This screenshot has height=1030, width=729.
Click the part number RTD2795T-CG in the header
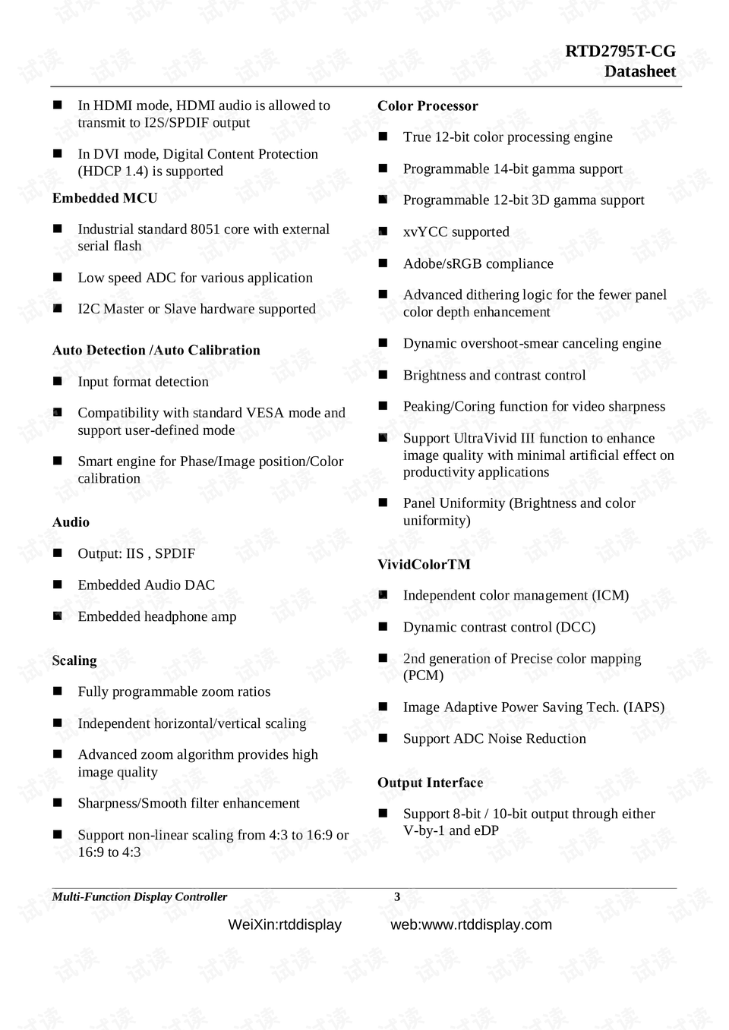(x=620, y=52)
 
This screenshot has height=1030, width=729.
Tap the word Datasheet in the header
(x=639, y=71)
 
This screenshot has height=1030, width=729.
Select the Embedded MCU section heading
(x=105, y=198)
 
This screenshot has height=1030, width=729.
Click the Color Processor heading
(x=428, y=106)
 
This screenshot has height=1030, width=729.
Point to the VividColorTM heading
(x=424, y=565)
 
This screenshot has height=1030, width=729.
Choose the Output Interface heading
(x=430, y=783)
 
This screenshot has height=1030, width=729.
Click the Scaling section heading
(x=74, y=660)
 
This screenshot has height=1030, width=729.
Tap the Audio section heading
(x=71, y=522)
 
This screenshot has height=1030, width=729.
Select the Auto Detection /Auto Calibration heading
(x=156, y=351)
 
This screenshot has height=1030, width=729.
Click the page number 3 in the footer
(x=396, y=897)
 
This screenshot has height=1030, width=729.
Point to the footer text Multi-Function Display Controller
(x=139, y=897)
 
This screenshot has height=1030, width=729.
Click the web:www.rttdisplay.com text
(x=471, y=924)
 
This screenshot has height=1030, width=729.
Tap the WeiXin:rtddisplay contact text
(x=285, y=924)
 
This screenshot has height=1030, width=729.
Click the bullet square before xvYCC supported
(x=383, y=232)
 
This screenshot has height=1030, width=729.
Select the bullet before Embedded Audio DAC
(x=58, y=584)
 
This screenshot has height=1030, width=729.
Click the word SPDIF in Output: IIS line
(x=175, y=554)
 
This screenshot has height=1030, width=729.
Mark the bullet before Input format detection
(x=58, y=381)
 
